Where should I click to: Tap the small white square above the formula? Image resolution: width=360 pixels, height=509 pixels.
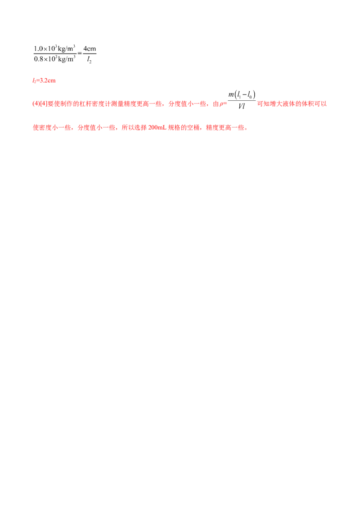(254, 88)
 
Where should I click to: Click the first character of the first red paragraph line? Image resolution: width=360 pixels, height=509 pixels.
(34, 104)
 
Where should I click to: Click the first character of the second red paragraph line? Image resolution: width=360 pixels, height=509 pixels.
(35, 128)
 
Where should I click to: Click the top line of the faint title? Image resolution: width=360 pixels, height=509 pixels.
(64, 49)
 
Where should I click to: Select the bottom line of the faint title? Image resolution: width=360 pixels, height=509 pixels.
(64, 59)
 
